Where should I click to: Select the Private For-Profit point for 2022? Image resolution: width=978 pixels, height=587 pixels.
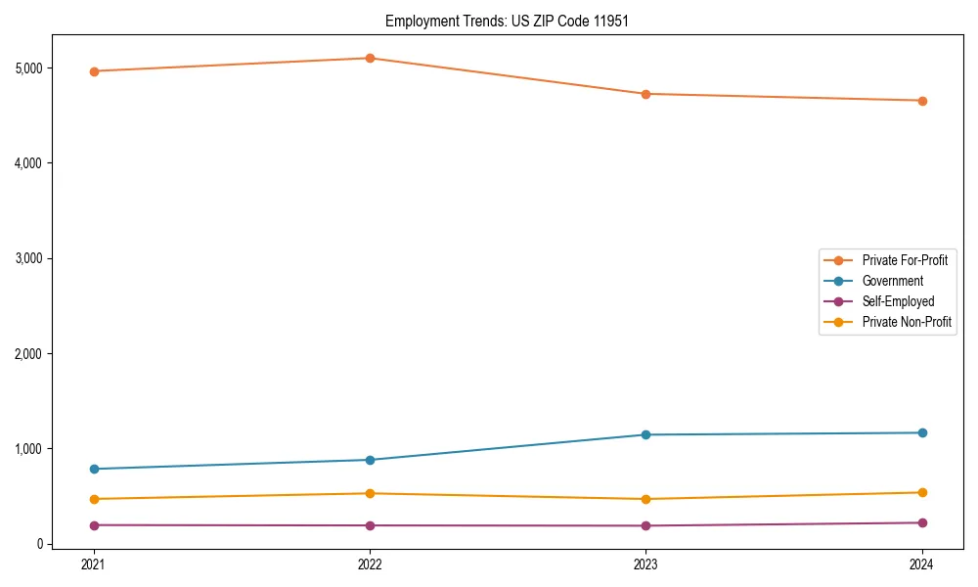(370, 58)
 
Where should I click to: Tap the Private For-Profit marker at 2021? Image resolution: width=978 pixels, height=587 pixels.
(94, 71)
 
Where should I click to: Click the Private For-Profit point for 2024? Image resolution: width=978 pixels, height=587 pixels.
(922, 101)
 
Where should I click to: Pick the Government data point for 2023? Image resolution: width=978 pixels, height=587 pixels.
(645, 434)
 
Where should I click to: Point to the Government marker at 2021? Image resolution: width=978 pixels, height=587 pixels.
(94, 469)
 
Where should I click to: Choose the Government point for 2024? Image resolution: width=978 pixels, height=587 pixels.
(922, 432)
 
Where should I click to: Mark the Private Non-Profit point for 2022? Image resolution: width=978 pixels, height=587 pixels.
(370, 493)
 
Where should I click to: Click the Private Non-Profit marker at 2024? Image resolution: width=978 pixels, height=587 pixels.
(922, 492)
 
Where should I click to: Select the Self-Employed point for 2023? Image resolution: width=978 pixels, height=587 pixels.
(645, 525)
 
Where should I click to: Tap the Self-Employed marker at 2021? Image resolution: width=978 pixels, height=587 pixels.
(94, 525)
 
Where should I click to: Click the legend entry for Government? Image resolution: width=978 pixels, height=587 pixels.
(892, 281)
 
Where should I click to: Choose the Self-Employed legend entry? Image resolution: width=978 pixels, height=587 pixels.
(898, 301)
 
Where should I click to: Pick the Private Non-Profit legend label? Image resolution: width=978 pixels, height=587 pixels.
(907, 322)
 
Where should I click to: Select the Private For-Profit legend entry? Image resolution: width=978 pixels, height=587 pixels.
(905, 260)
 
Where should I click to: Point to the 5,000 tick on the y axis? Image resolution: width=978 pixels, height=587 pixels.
(27, 68)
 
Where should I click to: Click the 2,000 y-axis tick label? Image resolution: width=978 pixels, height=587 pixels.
(27, 353)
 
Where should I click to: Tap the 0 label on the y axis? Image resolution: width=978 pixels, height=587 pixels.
(39, 544)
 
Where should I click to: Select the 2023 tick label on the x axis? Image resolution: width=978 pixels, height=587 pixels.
(645, 564)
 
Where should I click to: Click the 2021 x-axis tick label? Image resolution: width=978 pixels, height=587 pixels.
(94, 564)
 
